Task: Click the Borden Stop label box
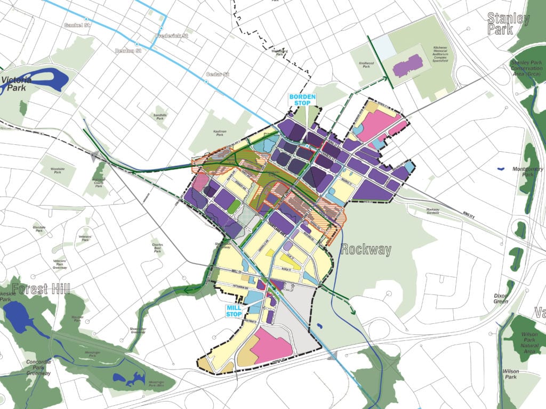302,100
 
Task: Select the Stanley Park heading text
508,24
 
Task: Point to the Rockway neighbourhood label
366,249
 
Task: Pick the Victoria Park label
16,84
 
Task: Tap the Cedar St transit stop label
218,75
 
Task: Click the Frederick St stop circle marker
161,29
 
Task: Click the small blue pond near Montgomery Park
500,169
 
